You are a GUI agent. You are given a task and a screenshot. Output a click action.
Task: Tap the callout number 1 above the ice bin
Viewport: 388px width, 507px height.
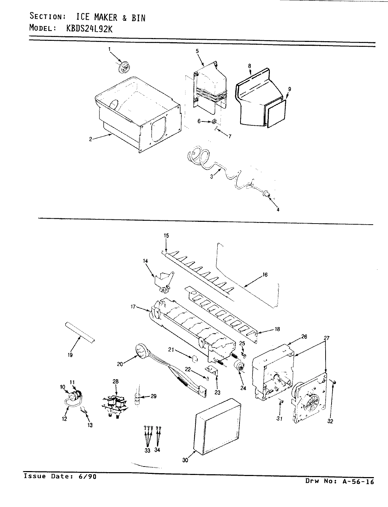pos(109,50)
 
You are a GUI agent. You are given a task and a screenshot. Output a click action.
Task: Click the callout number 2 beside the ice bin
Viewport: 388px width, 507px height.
pos(91,139)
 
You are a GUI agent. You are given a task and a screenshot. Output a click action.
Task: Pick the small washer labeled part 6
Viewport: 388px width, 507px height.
pos(214,121)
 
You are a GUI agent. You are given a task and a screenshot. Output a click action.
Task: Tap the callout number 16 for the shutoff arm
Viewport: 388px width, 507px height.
pos(265,275)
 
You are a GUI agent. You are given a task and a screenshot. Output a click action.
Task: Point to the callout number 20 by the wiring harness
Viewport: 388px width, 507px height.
pos(120,364)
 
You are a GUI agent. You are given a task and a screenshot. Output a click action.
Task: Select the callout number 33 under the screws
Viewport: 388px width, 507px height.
pos(147,450)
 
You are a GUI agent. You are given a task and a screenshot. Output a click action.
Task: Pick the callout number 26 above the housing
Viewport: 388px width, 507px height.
pos(304,337)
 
